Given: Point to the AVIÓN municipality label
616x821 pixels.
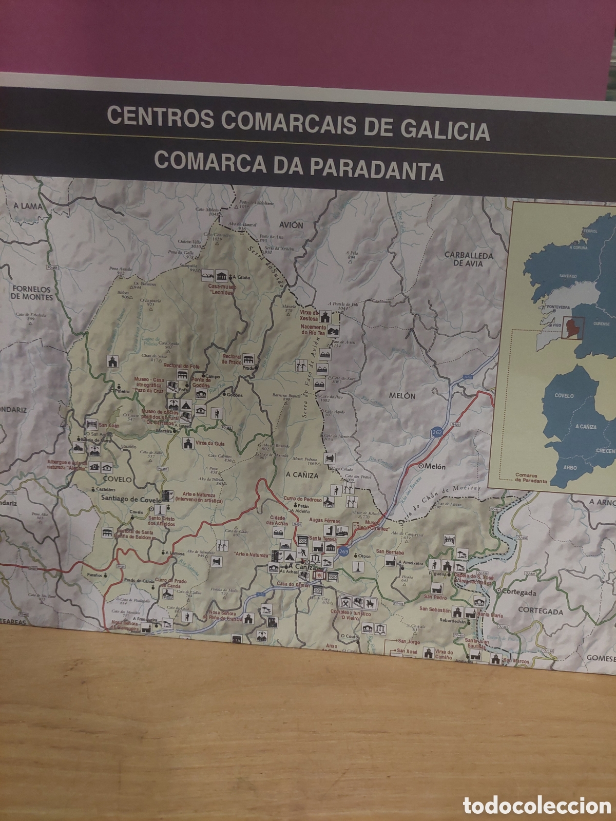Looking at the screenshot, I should [292, 225].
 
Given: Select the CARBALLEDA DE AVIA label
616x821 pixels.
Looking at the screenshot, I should [469, 259].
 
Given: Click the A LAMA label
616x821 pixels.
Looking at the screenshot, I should [28, 206].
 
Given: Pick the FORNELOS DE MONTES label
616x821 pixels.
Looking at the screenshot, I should [32, 293].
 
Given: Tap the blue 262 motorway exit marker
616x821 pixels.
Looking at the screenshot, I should [436, 433].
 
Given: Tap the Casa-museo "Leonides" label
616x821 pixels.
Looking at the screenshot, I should [221, 289].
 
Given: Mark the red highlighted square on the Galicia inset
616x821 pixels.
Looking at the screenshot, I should [571, 328].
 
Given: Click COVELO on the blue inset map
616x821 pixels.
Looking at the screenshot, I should [564, 396].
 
